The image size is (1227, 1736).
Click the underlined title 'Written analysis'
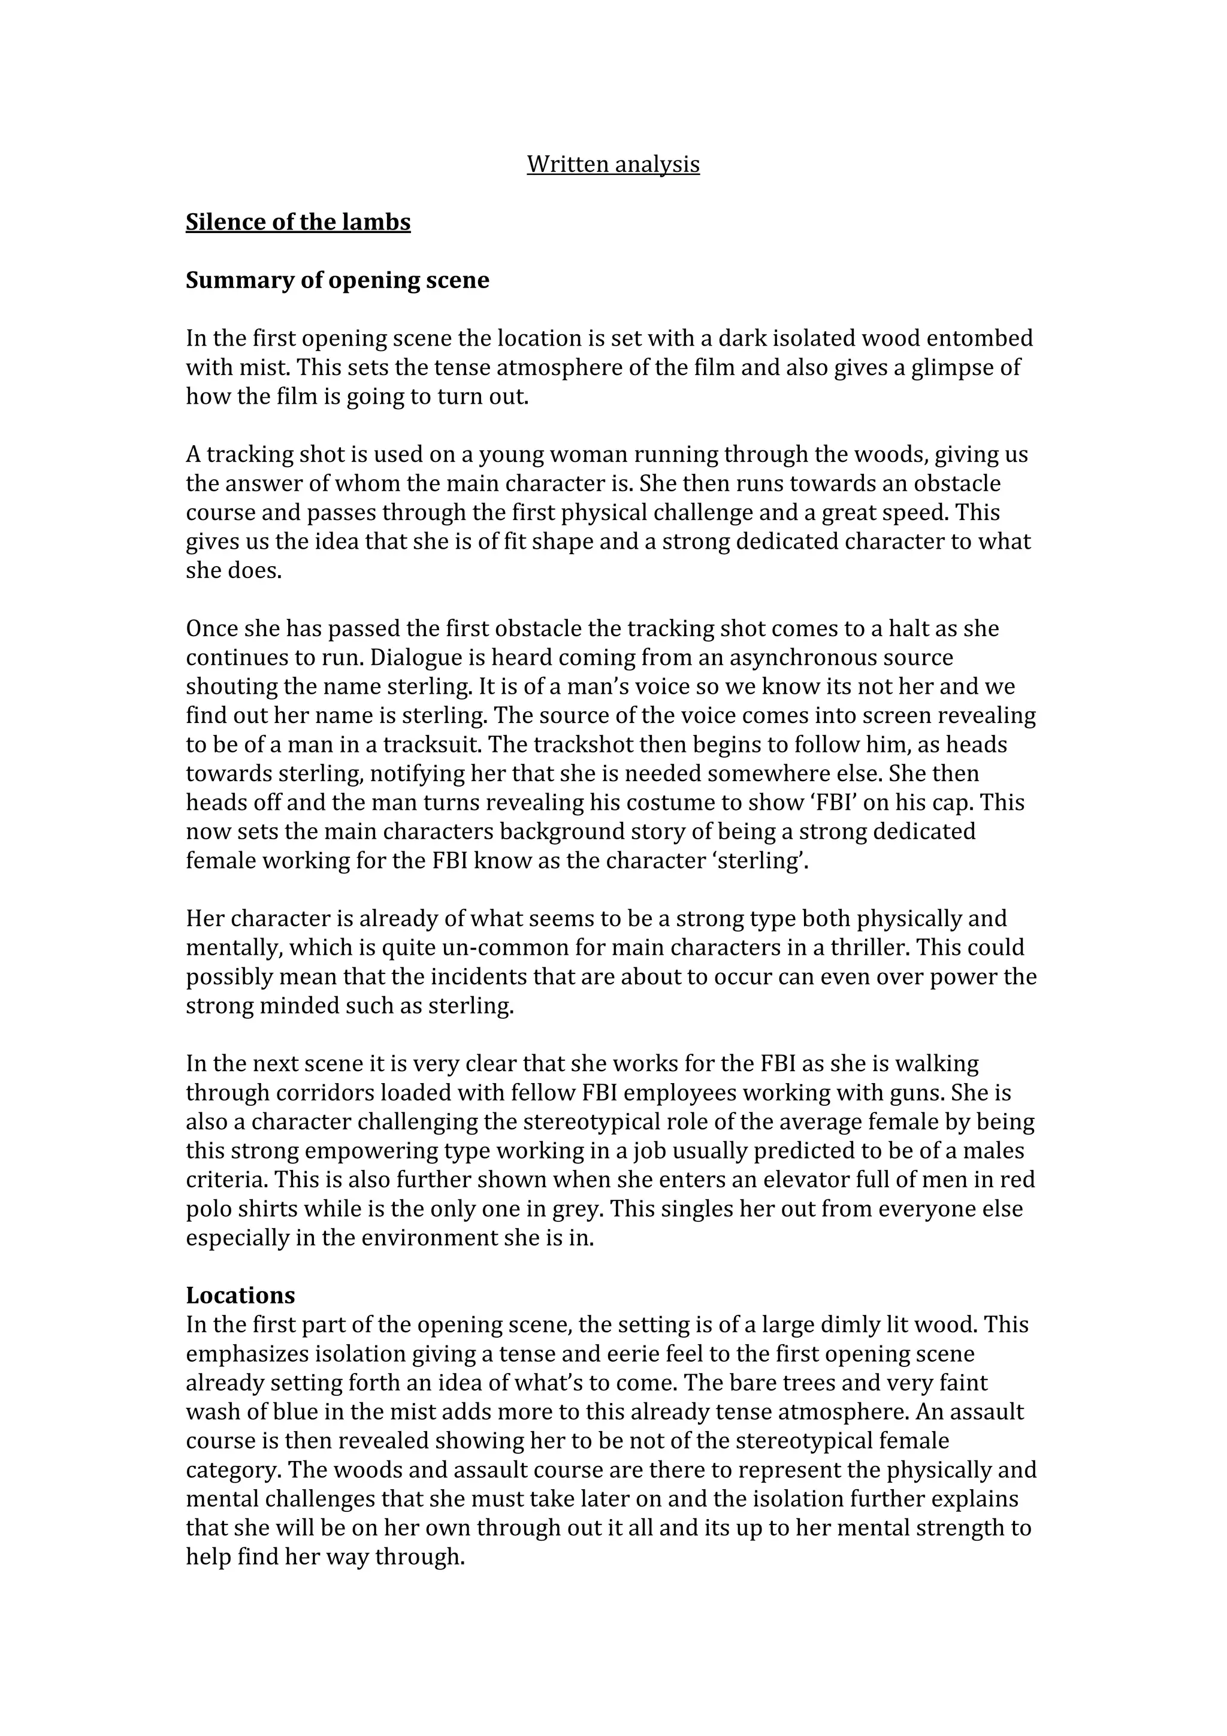click(x=612, y=164)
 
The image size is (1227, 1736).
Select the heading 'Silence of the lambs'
click(x=298, y=222)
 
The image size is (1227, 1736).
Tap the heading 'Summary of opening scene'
click(x=337, y=280)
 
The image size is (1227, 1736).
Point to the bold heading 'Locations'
click(x=240, y=1295)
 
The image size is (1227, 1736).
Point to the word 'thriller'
click(x=868, y=948)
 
